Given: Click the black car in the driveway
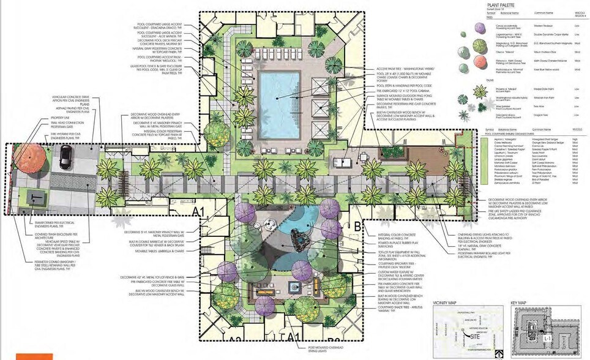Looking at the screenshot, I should click(65, 160).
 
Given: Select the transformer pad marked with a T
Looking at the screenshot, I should click(33, 197).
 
